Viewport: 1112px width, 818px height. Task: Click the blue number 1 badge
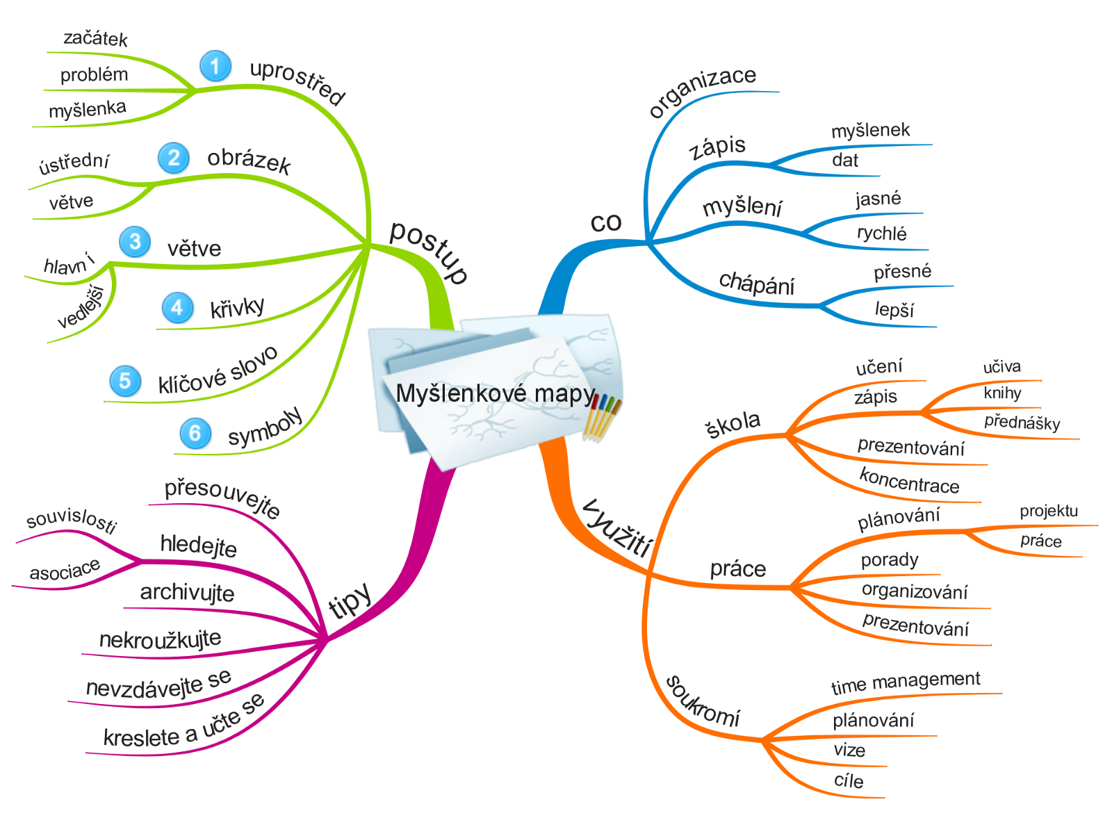[x=215, y=66]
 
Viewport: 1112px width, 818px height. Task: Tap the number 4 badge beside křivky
[x=177, y=308]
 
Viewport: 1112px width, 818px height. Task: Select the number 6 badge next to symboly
[x=195, y=433]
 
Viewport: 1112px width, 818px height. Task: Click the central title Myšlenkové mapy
[x=496, y=394]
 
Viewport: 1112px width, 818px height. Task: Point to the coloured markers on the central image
[x=602, y=417]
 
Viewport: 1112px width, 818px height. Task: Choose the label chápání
[x=757, y=283]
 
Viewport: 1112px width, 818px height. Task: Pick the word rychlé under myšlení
[x=881, y=233]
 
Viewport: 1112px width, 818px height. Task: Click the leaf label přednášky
[x=1022, y=422]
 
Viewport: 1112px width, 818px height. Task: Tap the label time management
[x=906, y=682]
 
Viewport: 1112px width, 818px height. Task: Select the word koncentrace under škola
[x=909, y=481]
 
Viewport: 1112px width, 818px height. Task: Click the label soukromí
[x=703, y=701]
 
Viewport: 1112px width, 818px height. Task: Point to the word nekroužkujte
[x=160, y=639]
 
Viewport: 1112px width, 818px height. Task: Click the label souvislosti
[x=71, y=520]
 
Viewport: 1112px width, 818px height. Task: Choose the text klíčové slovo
[x=218, y=371]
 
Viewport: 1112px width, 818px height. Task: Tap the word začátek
[x=95, y=38]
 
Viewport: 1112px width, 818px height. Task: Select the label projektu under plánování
[x=1049, y=512]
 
